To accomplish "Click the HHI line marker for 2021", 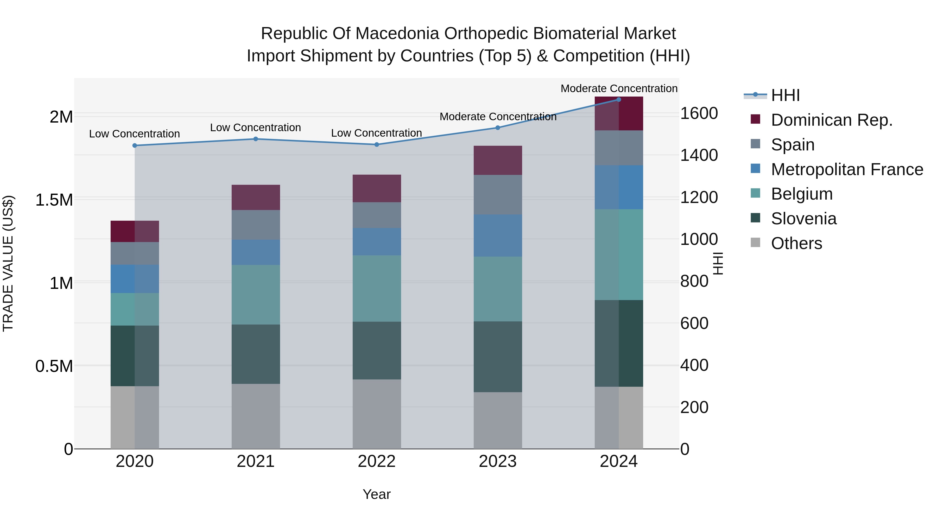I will point(256,139).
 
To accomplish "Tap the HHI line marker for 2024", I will point(619,100).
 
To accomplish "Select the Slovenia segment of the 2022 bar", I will point(377,351).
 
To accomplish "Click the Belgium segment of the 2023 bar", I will point(498,289).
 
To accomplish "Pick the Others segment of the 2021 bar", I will point(256,416).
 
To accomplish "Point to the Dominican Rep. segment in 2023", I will point(498,160).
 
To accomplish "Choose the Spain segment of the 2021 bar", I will point(256,225).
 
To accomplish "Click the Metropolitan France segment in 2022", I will point(377,242).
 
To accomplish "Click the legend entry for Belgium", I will point(801,194).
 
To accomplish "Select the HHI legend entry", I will point(785,95).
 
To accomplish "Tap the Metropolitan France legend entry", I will point(846,169).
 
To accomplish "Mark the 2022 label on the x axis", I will point(377,461).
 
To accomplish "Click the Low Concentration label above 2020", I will point(135,134).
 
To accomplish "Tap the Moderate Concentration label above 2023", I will point(498,117).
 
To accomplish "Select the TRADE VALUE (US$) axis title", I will point(8,263).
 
